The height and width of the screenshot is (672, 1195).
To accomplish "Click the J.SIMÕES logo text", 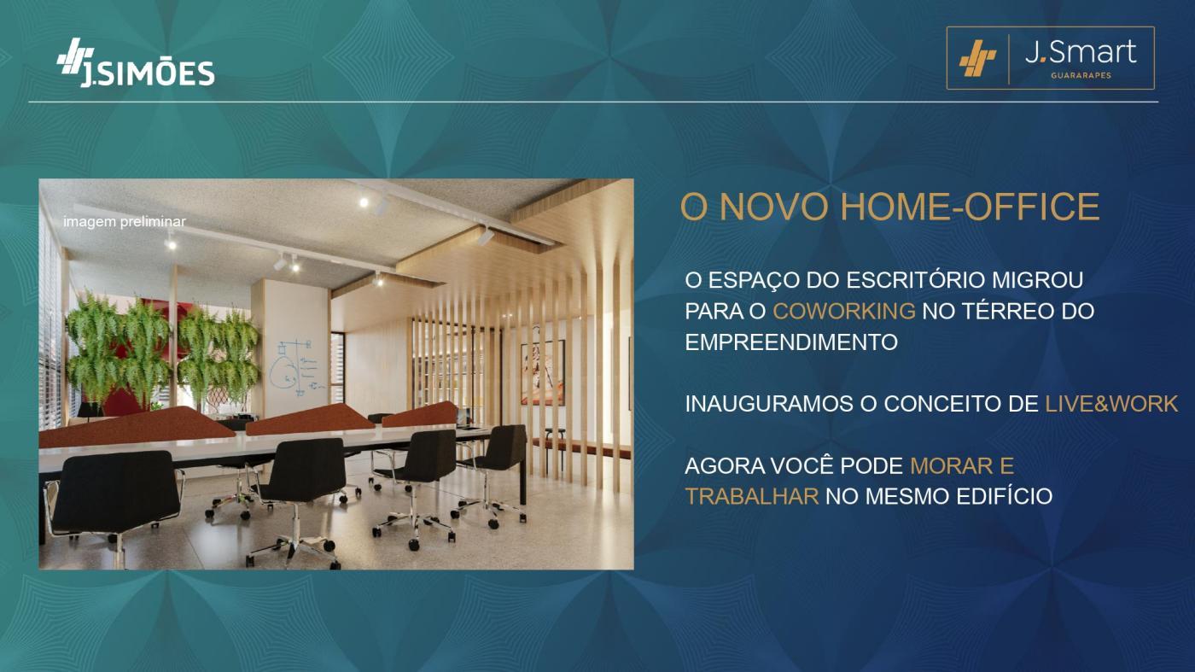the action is click(x=147, y=73).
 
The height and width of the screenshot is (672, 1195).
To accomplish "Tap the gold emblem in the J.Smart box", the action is click(x=977, y=58).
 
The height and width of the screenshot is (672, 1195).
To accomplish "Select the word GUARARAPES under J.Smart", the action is click(x=1081, y=75).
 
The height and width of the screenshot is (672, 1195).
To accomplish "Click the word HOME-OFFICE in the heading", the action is click(x=970, y=207).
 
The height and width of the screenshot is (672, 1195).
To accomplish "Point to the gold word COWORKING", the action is click(x=844, y=311).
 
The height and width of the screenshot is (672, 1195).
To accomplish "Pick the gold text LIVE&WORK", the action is click(x=1111, y=404).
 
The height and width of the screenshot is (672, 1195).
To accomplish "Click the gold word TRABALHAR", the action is click(x=752, y=496).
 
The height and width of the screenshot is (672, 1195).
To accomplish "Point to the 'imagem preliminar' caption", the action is click(x=125, y=221).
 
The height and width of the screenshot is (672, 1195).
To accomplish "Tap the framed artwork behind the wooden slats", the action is click(x=543, y=372).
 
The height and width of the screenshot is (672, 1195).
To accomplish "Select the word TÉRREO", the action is click(x=988, y=311).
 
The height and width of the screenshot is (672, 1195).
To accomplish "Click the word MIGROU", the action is click(x=1037, y=280).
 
